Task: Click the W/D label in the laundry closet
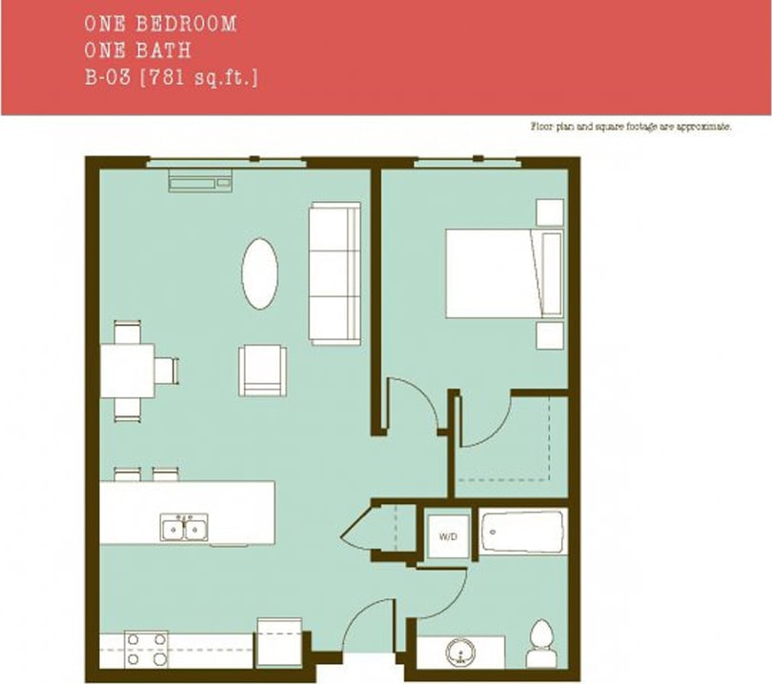point(447,537)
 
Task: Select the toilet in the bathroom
point(540,643)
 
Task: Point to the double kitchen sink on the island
point(185,527)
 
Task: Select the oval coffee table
point(259,273)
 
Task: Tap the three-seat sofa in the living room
point(334,273)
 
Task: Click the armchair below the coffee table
point(262,370)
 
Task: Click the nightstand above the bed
point(550,211)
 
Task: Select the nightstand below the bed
point(550,334)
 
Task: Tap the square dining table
point(128,371)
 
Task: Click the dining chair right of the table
point(168,370)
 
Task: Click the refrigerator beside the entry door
point(279,642)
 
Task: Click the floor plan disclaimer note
point(630,126)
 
